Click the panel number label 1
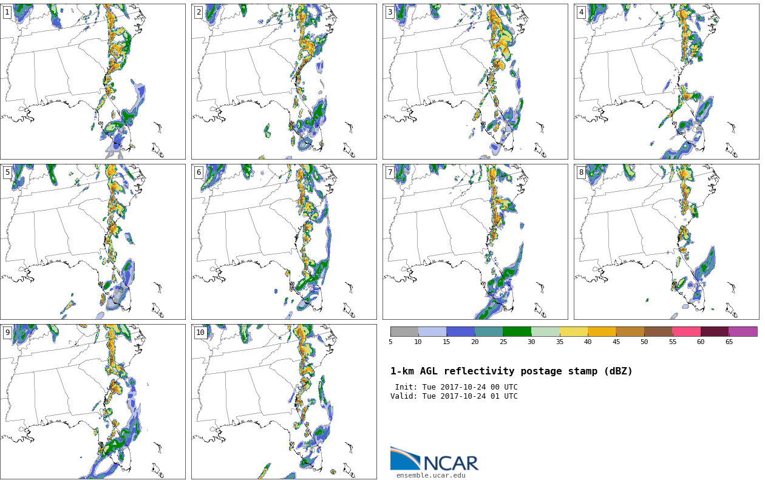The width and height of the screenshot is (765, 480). [x=7, y=13]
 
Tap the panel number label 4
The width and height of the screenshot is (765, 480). [x=581, y=13]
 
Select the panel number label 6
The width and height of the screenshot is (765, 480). [x=199, y=172]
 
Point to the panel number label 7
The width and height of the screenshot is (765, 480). [x=390, y=172]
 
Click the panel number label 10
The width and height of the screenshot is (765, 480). [x=200, y=333]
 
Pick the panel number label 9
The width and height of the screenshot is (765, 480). [x=7, y=333]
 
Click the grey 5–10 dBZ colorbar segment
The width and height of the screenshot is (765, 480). [x=404, y=331]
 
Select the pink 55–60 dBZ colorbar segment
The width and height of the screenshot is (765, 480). [x=687, y=331]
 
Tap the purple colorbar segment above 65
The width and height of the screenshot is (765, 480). [x=743, y=331]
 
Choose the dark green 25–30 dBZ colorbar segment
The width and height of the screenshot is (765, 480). [x=517, y=331]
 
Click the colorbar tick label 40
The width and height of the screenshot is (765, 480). [x=588, y=342]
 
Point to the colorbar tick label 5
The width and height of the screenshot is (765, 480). [x=390, y=342]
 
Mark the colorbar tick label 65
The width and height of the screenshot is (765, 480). [x=729, y=342]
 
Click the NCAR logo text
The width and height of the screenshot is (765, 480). [x=451, y=463]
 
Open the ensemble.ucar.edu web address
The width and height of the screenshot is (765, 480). [x=431, y=475]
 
